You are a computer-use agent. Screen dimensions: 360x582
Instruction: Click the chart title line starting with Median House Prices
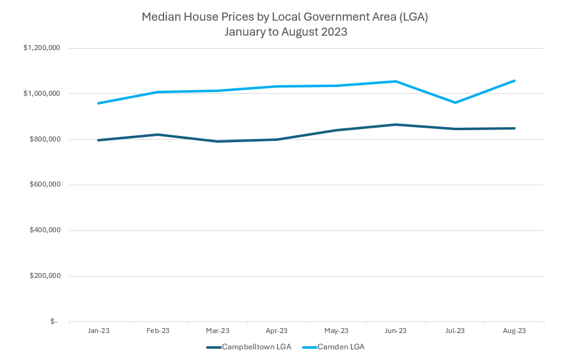pyautogui.click(x=284, y=17)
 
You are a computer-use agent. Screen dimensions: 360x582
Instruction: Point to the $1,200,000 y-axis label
pyautogui.click(x=41, y=48)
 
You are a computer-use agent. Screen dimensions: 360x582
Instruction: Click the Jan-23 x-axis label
pyautogui.click(x=98, y=331)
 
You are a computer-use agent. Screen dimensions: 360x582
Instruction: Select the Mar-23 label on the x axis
pyautogui.click(x=217, y=331)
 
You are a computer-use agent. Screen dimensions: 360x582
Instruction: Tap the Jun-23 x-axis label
pyautogui.click(x=395, y=331)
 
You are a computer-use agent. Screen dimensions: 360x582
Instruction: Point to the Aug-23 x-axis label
pyautogui.click(x=514, y=331)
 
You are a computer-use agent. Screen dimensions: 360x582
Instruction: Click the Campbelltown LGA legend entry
pyautogui.click(x=249, y=347)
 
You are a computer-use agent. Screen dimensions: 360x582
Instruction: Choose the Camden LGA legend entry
pyautogui.click(x=333, y=347)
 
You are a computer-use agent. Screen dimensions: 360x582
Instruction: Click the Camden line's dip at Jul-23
pyautogui.click(x=455, y=103)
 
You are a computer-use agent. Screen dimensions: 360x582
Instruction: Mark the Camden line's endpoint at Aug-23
pyautogui.click(x=514, y=81)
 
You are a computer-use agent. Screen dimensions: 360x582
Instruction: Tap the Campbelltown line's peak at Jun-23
pyautogui.click(x=395, y=125)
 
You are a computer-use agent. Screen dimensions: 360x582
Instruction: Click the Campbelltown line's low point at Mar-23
pyautogui.click(x=217, y=141)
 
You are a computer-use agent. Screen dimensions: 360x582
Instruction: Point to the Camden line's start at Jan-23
pyautogui.click(x=98, y=103)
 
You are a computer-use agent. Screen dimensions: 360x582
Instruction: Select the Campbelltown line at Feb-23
pyautogui.click(x=158, y=135)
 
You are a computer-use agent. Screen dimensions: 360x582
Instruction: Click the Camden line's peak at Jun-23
pyautogui.click(x=395, y=81)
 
